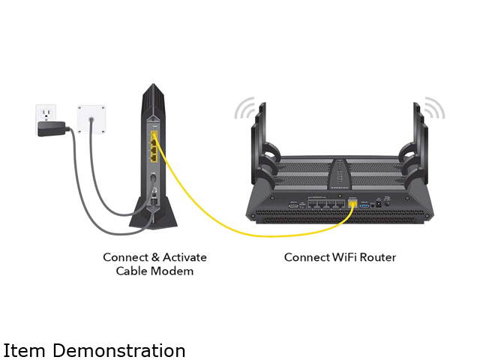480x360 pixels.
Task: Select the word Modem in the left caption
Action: point(175,271)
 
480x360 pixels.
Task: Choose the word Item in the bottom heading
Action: point(20,350)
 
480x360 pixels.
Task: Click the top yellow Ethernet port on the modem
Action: point(154,138)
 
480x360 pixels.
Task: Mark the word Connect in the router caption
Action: point(305,257)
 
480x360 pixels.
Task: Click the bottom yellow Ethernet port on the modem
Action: point(154,158)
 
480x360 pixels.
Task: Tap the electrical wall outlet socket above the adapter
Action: point(47,113)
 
